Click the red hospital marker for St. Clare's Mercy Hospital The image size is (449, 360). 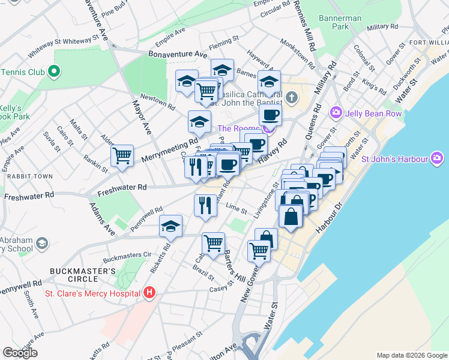pos(149,293)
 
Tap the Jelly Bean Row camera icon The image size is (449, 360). pos(335,112)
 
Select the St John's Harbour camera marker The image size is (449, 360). pos(437,159)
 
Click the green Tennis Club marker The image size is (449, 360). pos(54,72)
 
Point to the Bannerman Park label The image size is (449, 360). pos(340,22)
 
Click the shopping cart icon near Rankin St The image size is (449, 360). pos(122,155)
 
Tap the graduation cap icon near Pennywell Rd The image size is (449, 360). pos(170,226)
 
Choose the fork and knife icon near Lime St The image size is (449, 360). pos(205,205)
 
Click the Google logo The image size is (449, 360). pos(20,353)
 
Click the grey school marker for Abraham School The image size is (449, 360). pos(42,243)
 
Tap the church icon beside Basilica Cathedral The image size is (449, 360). pos(291,97)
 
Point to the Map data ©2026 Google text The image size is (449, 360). pos(411,355)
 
